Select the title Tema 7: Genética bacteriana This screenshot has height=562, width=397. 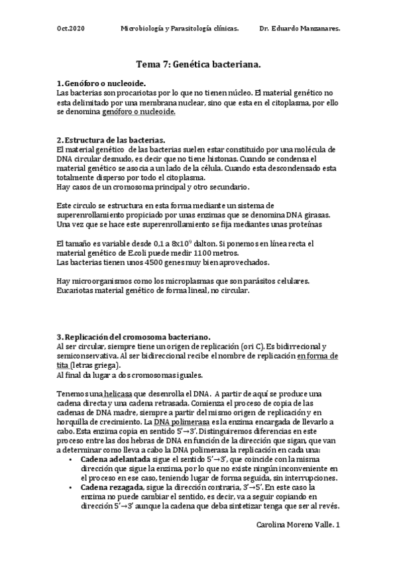click(198, 65)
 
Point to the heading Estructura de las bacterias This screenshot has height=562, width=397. click(115, 140)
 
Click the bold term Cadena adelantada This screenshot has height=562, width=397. click(115, 459)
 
